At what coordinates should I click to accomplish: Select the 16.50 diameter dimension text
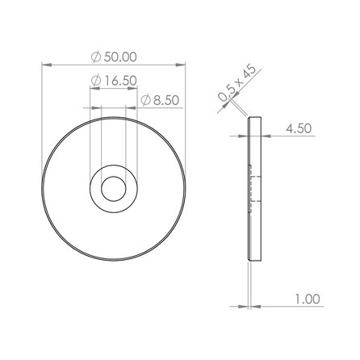(118, 81)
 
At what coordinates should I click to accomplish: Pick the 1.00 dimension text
(308, 298)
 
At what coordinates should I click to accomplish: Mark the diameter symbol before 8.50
(145, 100)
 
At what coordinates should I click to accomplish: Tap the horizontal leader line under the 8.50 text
(161, 109)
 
